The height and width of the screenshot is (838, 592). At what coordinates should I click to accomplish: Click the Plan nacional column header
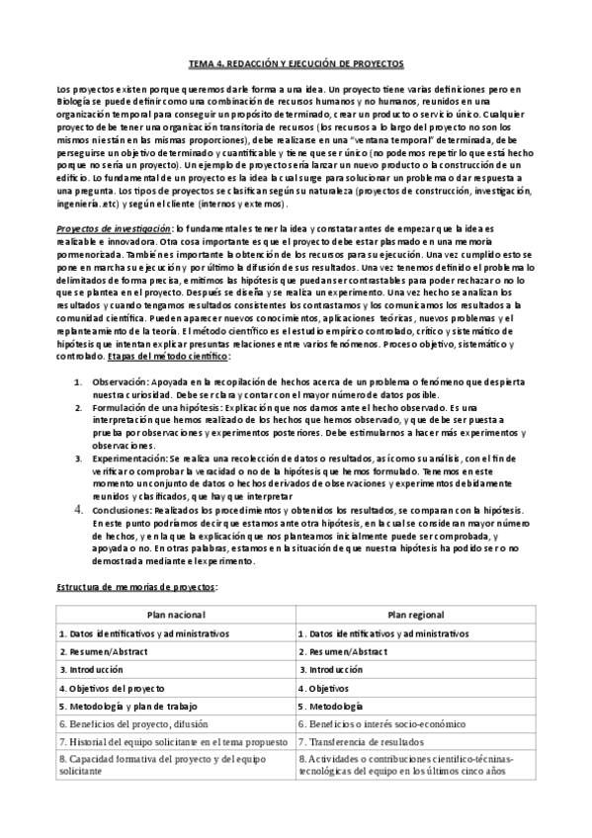175,614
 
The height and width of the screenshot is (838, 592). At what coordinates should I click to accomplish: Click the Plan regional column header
414,614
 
